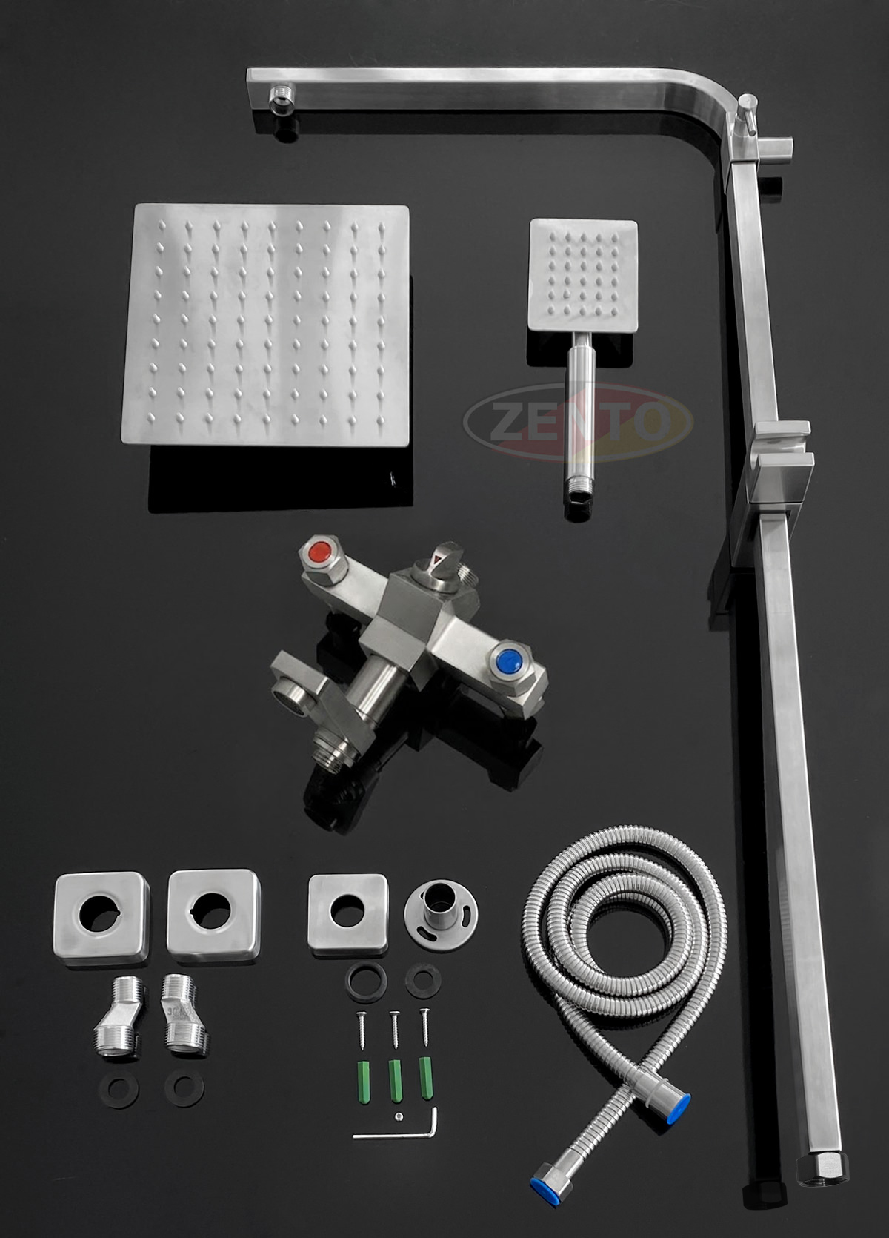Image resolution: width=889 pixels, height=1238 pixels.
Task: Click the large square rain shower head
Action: (266, 325)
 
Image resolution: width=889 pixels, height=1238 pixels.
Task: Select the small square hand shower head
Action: (583, 275)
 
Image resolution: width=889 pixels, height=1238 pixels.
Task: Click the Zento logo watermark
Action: (578, 423)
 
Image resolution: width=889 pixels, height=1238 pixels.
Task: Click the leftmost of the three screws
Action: (362, 1030)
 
